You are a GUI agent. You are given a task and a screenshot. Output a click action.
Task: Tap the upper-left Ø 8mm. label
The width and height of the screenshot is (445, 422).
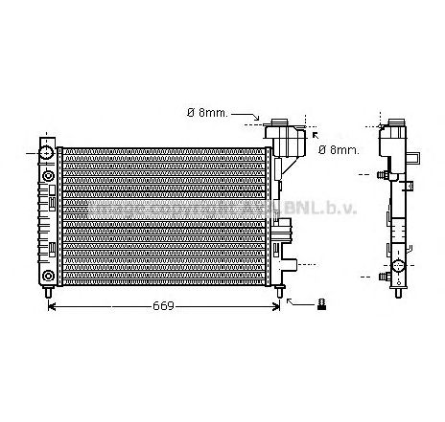(206, 113)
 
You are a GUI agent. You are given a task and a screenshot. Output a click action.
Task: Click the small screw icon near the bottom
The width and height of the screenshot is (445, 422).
(323, 304)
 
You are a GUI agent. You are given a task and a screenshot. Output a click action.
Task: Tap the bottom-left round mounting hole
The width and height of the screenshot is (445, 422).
(48, 277)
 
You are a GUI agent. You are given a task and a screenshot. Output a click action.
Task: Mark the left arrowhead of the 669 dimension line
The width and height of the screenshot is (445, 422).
(52, 306)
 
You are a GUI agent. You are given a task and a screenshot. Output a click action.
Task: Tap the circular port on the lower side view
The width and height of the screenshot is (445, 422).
(398, 264)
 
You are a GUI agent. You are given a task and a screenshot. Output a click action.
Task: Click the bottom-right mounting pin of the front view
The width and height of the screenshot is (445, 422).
(280, 290)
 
